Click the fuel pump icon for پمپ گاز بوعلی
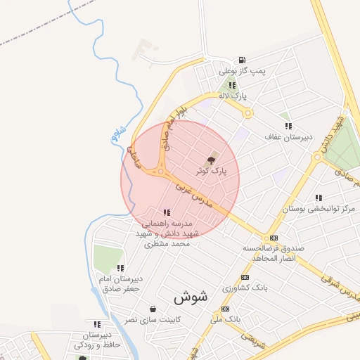click(242, 60)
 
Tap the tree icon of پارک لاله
click(233, 85)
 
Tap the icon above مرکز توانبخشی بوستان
click(319, 198)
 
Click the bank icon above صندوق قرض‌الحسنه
click(274, 238)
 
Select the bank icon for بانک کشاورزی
click(245, 277)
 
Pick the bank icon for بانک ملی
click(225, 309)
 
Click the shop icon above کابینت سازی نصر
click(153, 309)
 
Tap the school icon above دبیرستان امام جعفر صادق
click(121, 268)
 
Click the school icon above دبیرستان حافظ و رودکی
click(97, 324)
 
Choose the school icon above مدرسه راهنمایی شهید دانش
click(167, 212)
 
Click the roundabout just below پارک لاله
click(247, 112)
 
